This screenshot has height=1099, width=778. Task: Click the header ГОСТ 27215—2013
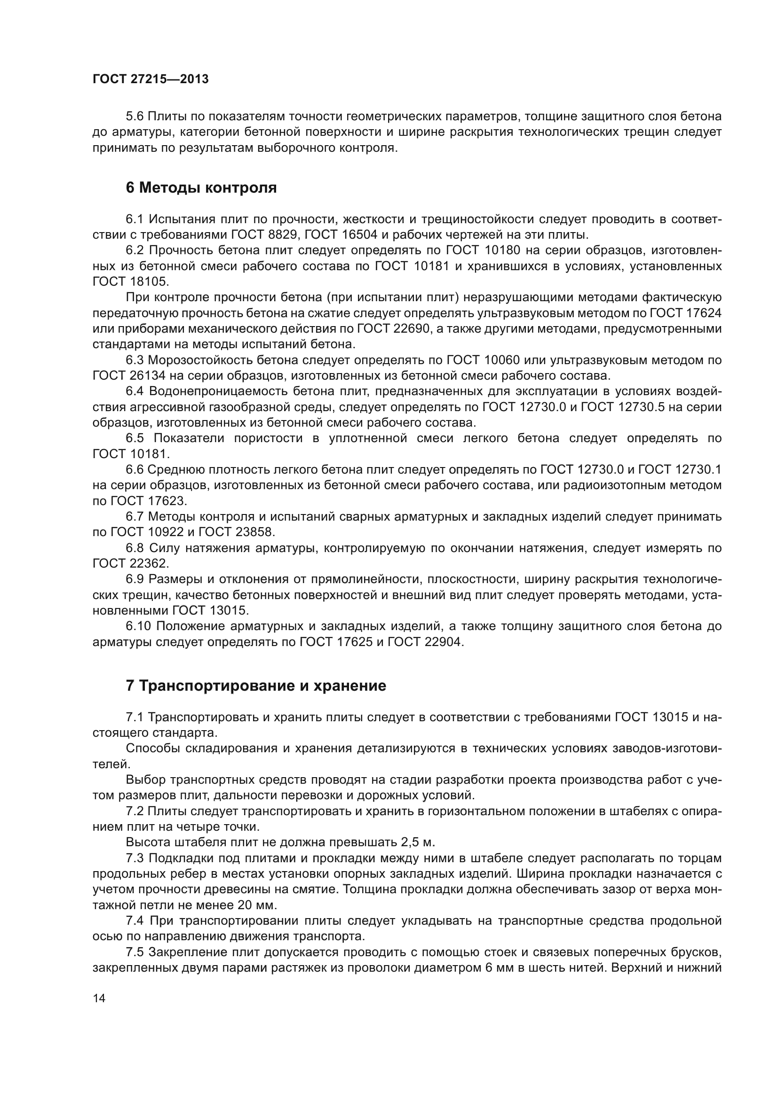click(x=151, y=79)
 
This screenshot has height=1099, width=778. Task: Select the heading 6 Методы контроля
click(x=201, y=188)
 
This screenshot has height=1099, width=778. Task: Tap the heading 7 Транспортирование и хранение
click(x=256, y=686)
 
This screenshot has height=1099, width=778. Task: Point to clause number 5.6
click(x=135, y=117)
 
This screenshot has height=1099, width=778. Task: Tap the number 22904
click(x=443, y=642)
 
